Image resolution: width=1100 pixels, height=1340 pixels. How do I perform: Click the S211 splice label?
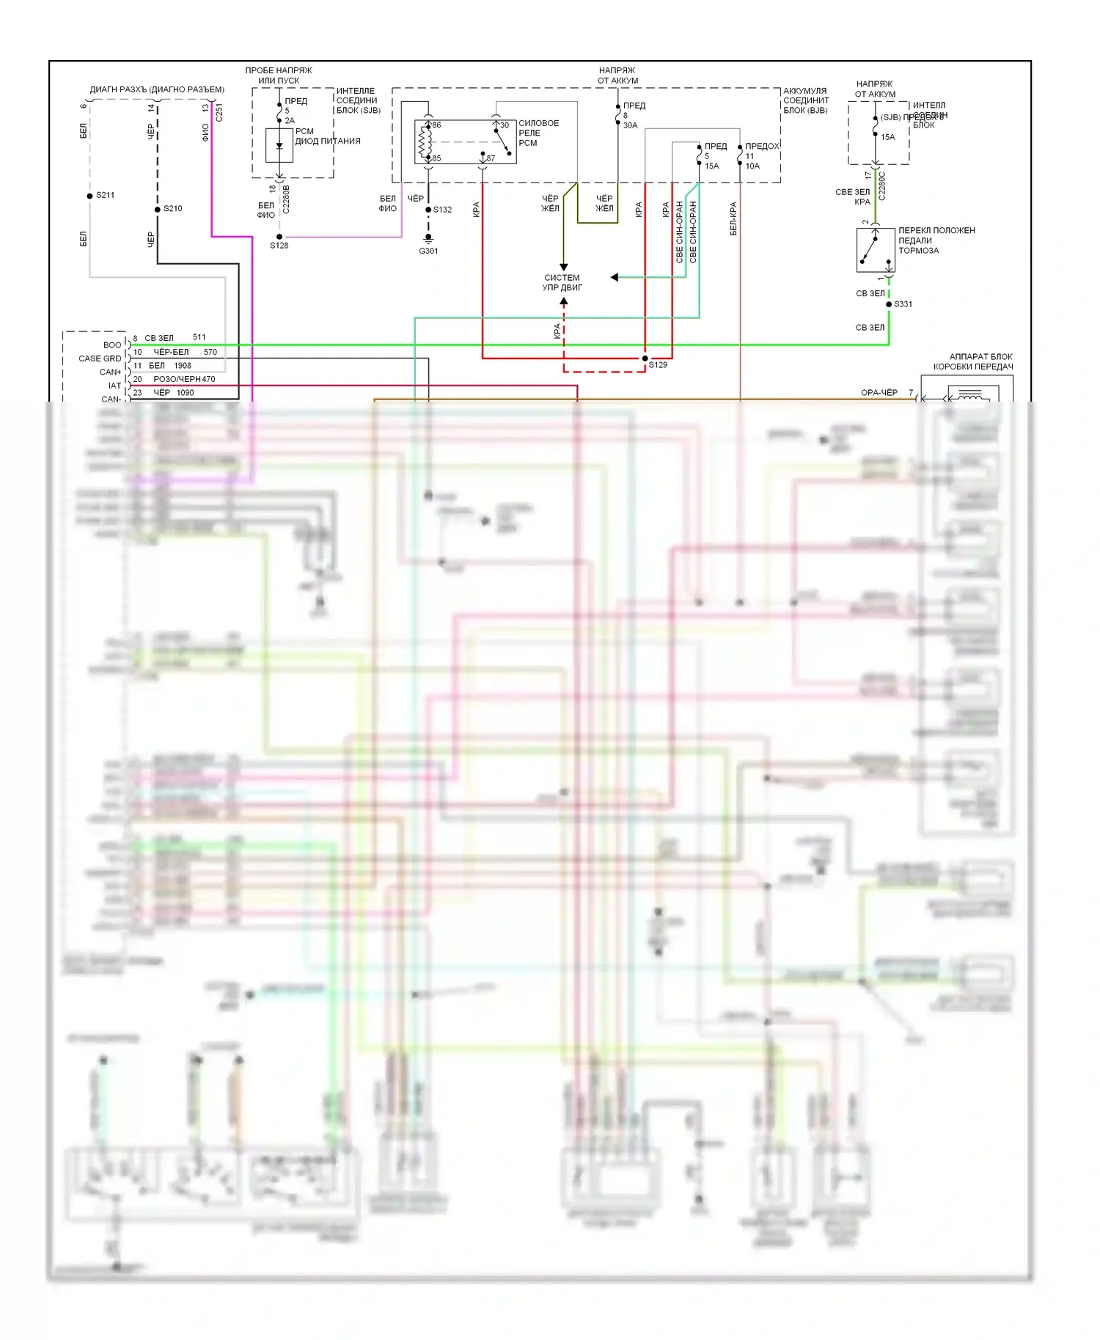[105, 195]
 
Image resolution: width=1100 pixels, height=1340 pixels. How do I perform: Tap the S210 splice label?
[172, 209]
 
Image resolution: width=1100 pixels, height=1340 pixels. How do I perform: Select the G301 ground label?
[428, 251]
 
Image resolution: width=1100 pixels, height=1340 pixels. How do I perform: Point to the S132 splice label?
[442, 210]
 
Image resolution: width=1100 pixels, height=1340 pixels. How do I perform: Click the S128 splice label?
[279, 246]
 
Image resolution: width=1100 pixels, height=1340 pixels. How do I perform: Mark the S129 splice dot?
[645, 358]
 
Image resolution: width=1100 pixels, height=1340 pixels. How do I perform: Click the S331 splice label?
[903, 304]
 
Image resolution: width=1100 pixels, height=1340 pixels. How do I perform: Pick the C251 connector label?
[219, 112]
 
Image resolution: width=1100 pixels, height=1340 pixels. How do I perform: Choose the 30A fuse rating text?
[630, 125]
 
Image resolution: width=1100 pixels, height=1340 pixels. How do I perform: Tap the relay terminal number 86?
[436, 125]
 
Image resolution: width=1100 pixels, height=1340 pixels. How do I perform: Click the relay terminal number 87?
[490, 158]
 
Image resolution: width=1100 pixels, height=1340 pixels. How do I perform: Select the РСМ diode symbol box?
[279, 144]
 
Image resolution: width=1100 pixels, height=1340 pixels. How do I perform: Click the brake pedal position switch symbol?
[875, 249]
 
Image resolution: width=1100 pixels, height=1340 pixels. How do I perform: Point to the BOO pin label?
[112, 345]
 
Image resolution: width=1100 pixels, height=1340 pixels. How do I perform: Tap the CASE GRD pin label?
[100, 358]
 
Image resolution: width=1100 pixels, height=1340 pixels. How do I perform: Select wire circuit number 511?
[199, 337]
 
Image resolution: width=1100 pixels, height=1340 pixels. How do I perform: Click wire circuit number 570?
[210, 352]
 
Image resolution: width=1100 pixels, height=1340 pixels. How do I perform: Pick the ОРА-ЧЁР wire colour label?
[879, 393]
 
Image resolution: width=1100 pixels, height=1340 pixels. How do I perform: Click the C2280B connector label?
[286, 199]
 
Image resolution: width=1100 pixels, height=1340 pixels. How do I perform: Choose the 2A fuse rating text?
[290, 121]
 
